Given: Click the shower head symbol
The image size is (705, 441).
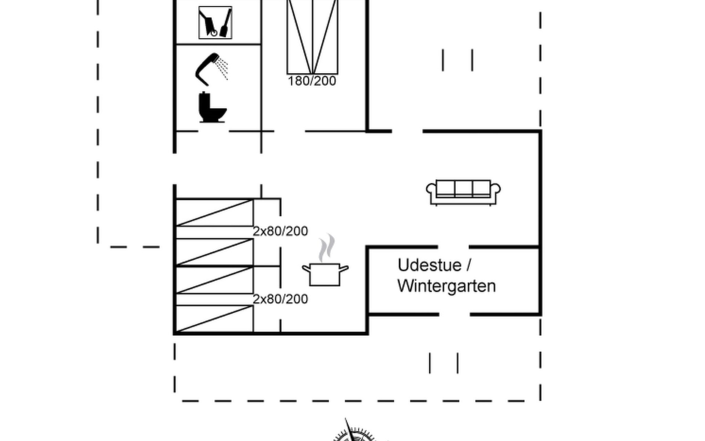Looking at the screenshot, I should [211, 69].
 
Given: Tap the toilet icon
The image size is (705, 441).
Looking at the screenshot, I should [212, 107].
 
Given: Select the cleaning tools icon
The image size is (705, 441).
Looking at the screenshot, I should [215, 22].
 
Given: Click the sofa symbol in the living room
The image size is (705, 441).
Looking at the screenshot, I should [463, 192].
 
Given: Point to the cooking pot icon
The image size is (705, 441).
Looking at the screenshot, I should [325, 274].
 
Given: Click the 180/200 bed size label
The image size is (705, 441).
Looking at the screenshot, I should [312, 81].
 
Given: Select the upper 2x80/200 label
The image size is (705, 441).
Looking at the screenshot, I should [280, 231].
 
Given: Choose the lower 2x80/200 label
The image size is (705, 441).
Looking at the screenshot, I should [280, 299].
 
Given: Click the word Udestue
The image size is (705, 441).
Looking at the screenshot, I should [429, 265].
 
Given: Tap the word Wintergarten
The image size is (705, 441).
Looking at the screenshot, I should [446, 286].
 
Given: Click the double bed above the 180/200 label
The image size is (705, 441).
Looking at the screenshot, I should [312, 37].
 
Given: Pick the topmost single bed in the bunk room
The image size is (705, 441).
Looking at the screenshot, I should [214, 212].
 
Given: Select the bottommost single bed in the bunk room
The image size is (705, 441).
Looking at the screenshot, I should [214, 319].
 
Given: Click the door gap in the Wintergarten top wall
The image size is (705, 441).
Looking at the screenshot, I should [453, 247].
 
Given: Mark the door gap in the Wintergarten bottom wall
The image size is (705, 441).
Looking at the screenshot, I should [454, 315].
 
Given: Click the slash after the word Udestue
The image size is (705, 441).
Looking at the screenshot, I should [469, 265].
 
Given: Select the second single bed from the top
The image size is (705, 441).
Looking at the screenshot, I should [214, 252].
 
